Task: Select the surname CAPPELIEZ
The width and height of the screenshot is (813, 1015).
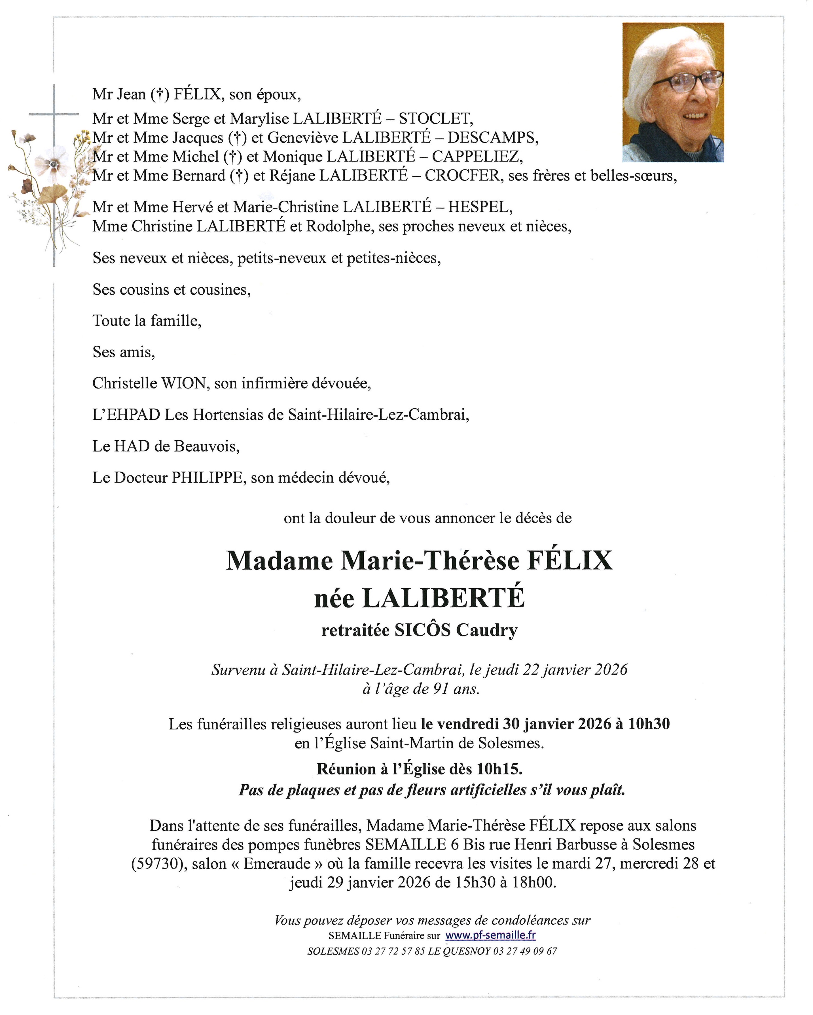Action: tap(477, 156)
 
